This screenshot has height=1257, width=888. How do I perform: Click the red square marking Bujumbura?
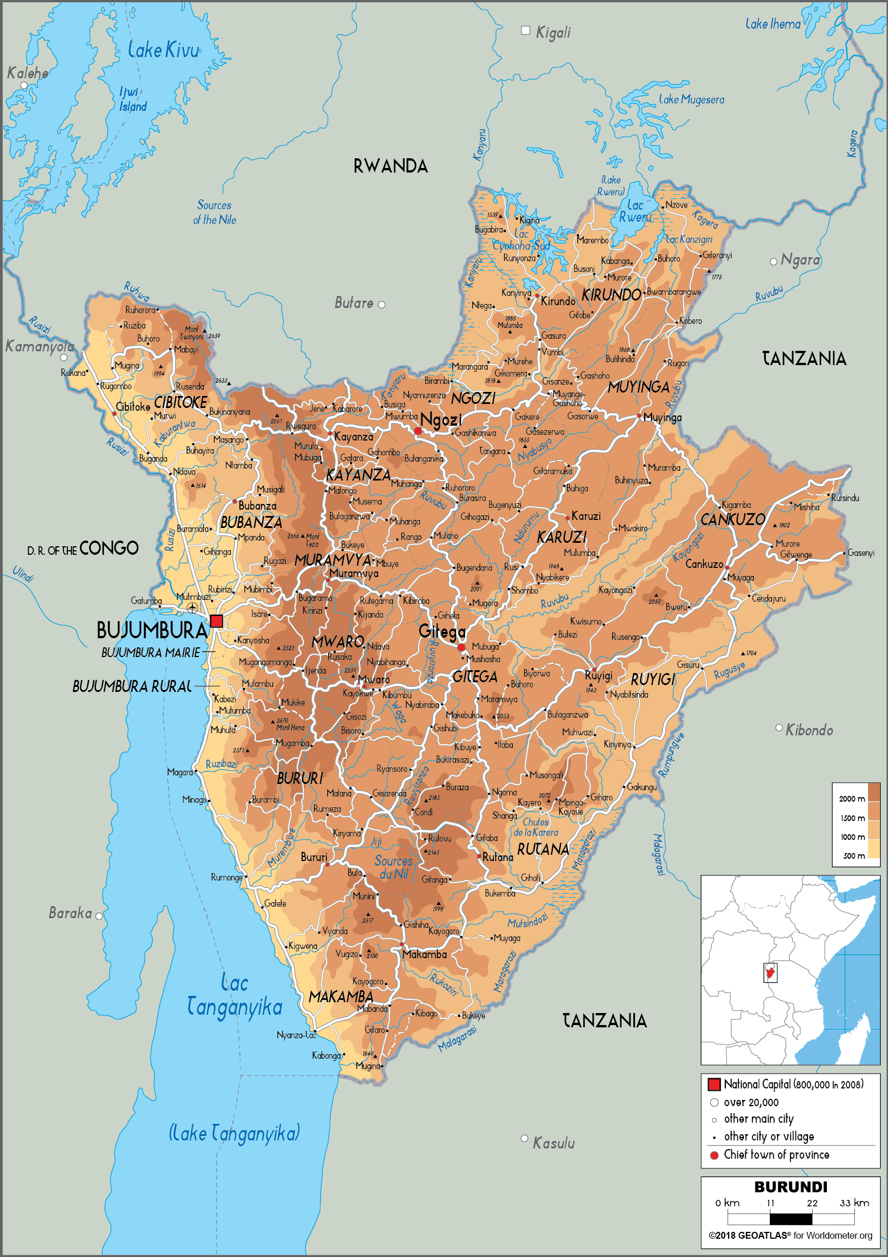pyautogui.click(x=216, y=621)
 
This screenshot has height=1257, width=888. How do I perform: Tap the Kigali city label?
pyautogui.click(x=552, y=33)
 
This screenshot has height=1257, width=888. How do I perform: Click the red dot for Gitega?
pyautogui.click(x=461, y=647)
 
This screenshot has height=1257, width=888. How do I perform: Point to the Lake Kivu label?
pyautogui.click(x=163, y=50)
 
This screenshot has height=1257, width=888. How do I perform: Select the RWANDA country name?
pyautogui.click(x=391, y=166)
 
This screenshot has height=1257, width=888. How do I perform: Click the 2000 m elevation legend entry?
pyautogui.click(x=851, y=799)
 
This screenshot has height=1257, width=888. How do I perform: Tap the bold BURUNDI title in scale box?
pyautogui.click(x=790, y=1187)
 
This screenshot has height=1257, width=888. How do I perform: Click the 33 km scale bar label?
pyautogui.click(x=854, y=1203)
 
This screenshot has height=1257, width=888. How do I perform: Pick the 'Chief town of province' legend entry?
pyautogui.click(x=776, y=1155)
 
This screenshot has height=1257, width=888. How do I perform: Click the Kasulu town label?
pyautogui.click(x=553, y=1143)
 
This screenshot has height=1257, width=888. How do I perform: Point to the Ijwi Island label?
pyautogui.click(x=132, y=99)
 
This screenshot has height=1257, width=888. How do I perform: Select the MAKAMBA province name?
pyautogui.click(x=341, y=996)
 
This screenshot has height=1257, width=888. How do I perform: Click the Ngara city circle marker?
pyautogui.click(x=773, y=262)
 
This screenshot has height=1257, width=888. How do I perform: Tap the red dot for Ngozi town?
pyautogui.click(x=418, y=431)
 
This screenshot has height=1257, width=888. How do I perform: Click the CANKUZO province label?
pyautogui.click(x=732, y=519)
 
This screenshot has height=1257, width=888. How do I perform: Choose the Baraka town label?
pyautogui.click(x=70, y=913)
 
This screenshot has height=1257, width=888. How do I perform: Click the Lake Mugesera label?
pyautogui.click(x=691, y=99)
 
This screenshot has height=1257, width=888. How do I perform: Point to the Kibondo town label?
pyautogui.click(x=809, y=730)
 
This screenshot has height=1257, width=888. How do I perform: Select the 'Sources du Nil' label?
pyautogui.click(x=393, y=867)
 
